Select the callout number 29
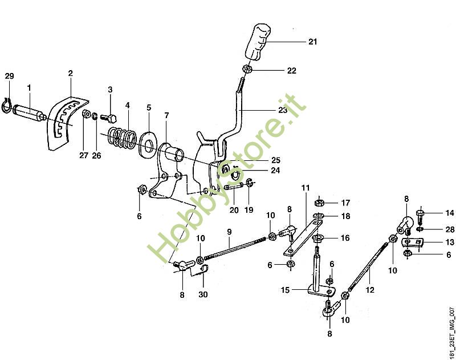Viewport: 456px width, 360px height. click(9, 76)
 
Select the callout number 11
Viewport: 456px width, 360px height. click(305, 188)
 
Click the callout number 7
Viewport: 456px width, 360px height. click(166, 115)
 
